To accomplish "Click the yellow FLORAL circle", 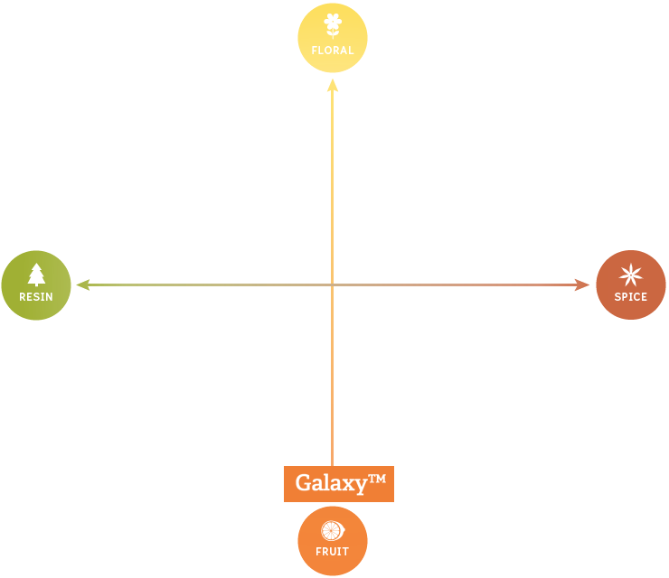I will (333, 38).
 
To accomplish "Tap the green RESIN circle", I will (36, 285).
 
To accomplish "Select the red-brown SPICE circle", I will (631, 285).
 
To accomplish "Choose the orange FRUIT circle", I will (333, 541).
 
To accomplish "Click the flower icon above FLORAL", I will (333, 24).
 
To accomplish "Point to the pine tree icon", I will (36, 274).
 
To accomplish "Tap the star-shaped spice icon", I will (631, 275).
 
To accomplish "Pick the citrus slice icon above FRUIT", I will (333, 531).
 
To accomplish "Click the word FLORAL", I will (333, 51).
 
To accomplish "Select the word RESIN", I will (36, 297).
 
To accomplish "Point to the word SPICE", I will (631, 297).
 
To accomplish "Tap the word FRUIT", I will (333, 552).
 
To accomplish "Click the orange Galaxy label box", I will (339, 484).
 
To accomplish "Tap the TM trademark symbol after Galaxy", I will (377, 479).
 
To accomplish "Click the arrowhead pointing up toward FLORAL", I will (333, 86).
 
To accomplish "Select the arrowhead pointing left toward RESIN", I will (81, 285).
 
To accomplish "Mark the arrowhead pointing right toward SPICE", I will (583, 285).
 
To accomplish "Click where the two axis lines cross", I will (333, 285).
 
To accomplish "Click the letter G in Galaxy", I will (305, 484).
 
